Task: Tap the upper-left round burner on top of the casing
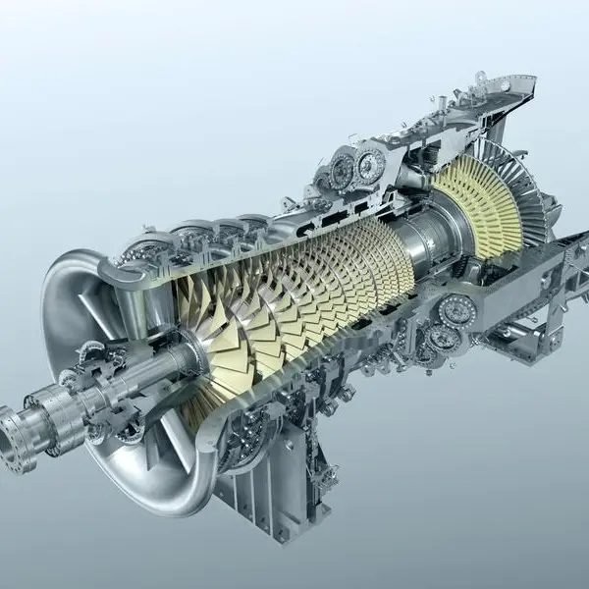(x=341, y=171)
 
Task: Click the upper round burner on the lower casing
(x=457, y=311)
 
